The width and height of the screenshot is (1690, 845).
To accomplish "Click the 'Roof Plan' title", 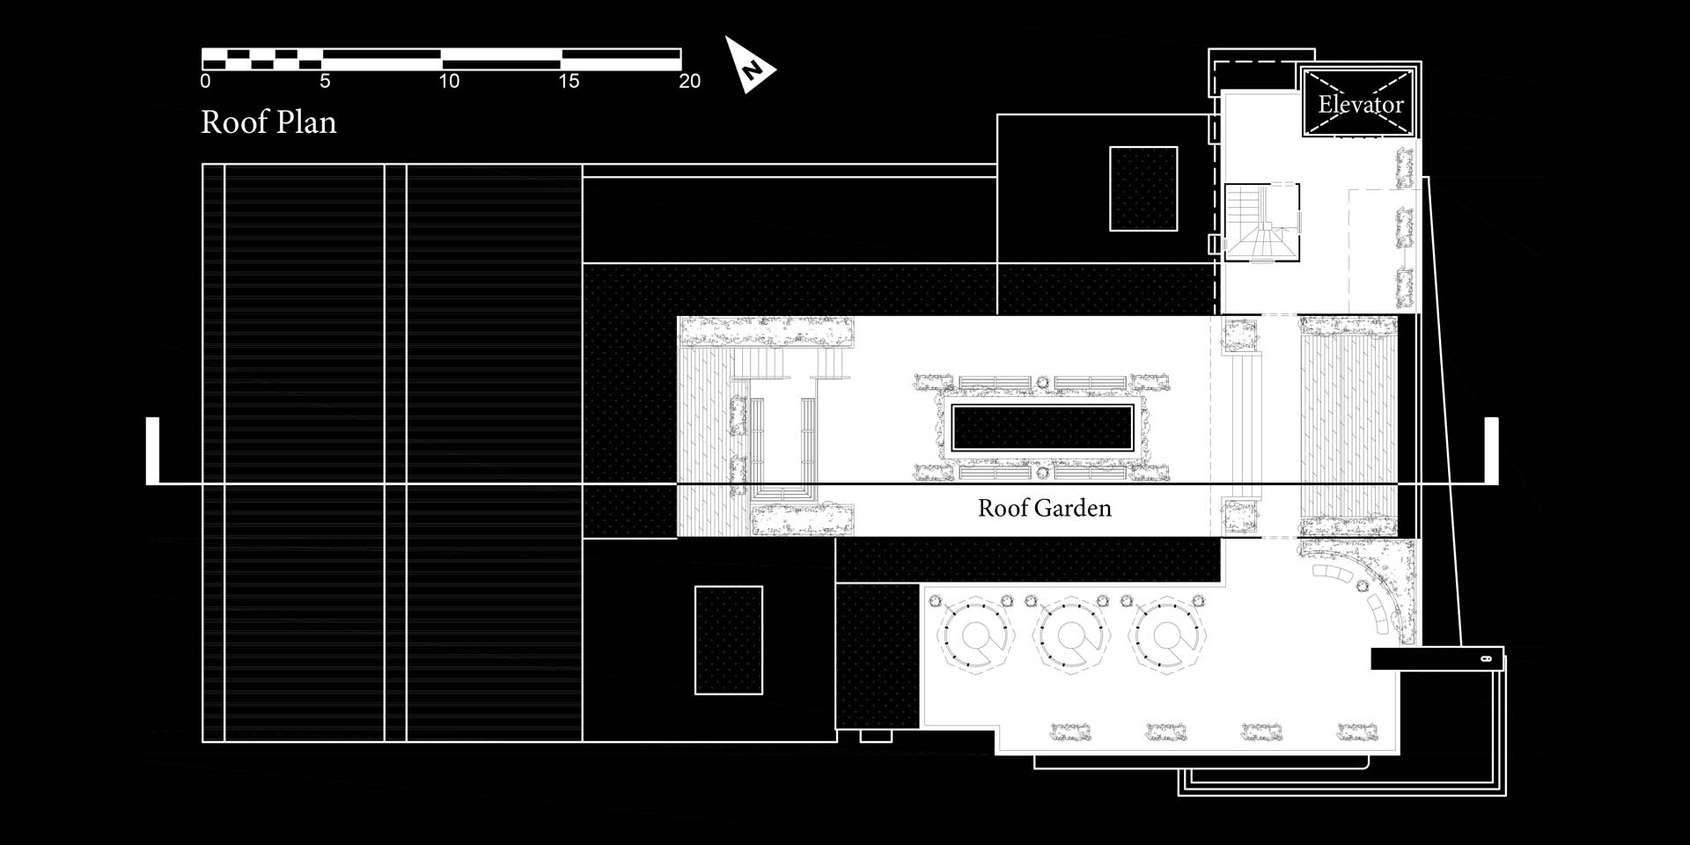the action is [268, 122].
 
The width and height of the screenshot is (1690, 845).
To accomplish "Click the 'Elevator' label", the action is [1361, 105].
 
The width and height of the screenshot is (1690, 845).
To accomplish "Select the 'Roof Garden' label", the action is [1045, 508].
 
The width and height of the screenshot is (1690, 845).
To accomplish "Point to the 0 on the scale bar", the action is [205, 81].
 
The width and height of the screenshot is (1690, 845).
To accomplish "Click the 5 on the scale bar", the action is [325, 81].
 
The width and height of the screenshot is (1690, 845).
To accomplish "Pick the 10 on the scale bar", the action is [449, 81].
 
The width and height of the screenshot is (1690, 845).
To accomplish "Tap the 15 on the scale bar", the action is [569, 81].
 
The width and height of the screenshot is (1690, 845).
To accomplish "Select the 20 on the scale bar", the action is [690, 81].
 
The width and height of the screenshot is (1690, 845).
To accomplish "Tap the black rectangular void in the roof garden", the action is [1043, 428].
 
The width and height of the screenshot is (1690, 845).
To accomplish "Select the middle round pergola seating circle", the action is [1070, 636].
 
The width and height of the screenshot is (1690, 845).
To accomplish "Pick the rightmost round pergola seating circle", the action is [1166, 636].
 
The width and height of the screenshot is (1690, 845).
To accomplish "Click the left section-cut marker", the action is [152, 450].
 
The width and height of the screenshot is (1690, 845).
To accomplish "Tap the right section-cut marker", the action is [1492, 450].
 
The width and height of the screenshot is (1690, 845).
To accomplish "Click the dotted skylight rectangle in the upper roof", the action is [1143, 189].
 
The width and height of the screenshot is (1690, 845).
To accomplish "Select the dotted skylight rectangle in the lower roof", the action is [729, 640].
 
